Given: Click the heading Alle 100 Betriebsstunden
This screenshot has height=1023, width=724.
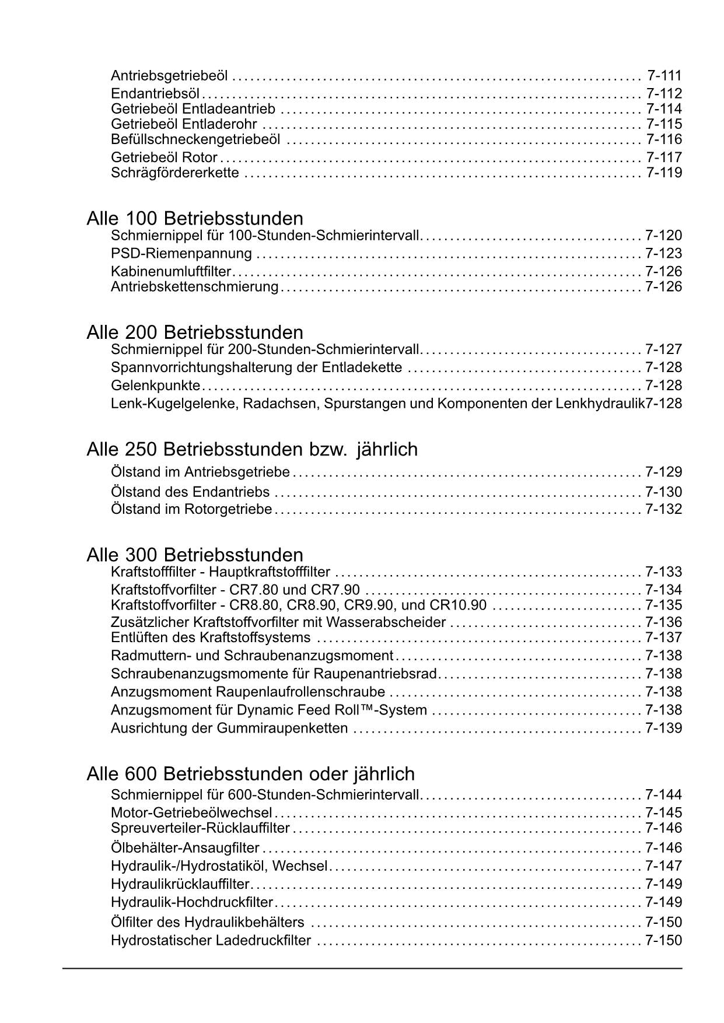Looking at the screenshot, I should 195,219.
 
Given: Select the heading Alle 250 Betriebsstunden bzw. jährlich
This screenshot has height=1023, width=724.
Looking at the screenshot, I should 252,449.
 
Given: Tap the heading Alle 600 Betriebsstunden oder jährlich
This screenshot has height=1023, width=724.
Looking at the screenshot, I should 250,774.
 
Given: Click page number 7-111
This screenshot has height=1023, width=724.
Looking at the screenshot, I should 664,76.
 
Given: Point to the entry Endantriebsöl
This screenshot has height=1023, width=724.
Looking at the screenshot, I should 155,93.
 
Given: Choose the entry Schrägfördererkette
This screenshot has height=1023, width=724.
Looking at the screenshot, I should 175,173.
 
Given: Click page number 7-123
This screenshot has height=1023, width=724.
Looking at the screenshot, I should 663,254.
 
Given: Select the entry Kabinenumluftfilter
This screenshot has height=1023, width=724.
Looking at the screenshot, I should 171,271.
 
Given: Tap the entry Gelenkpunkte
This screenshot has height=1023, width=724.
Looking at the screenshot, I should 156,386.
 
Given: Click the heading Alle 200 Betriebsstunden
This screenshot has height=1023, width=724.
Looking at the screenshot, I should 195,332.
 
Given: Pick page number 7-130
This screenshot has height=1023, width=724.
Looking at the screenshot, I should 663,492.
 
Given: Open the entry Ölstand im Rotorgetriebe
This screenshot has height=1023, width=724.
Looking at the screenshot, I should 191,509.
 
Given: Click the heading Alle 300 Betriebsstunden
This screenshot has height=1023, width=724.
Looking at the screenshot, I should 195,554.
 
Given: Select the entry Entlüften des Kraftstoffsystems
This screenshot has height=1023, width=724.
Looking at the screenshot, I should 211,637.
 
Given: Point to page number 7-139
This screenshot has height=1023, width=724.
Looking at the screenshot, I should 663,728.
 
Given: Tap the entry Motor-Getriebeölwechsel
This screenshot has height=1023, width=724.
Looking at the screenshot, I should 191,812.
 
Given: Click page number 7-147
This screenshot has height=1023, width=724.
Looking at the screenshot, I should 663,866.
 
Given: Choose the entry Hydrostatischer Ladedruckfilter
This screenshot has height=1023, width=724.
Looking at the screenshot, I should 211,941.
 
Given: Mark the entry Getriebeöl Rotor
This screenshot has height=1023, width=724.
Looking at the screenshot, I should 164,157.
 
